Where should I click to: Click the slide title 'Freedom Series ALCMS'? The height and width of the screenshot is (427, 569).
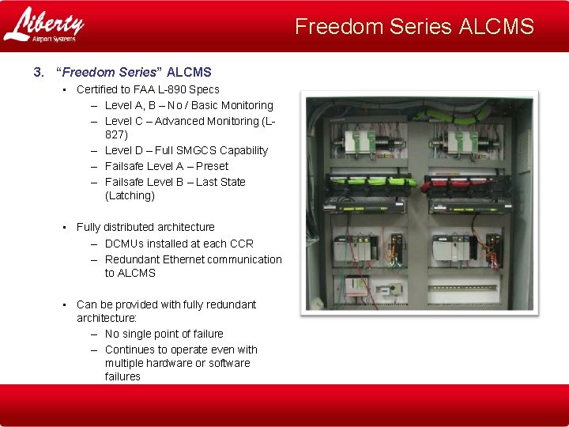click(x=414, y=27)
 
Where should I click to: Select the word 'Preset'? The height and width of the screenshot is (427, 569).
click(x=212, y=166)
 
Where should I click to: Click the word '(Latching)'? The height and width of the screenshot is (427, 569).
click(x=130, y=195)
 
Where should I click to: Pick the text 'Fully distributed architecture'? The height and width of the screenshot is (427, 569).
click(x=145, y=227)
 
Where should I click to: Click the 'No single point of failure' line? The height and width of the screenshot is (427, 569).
click(x=164, y=334)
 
